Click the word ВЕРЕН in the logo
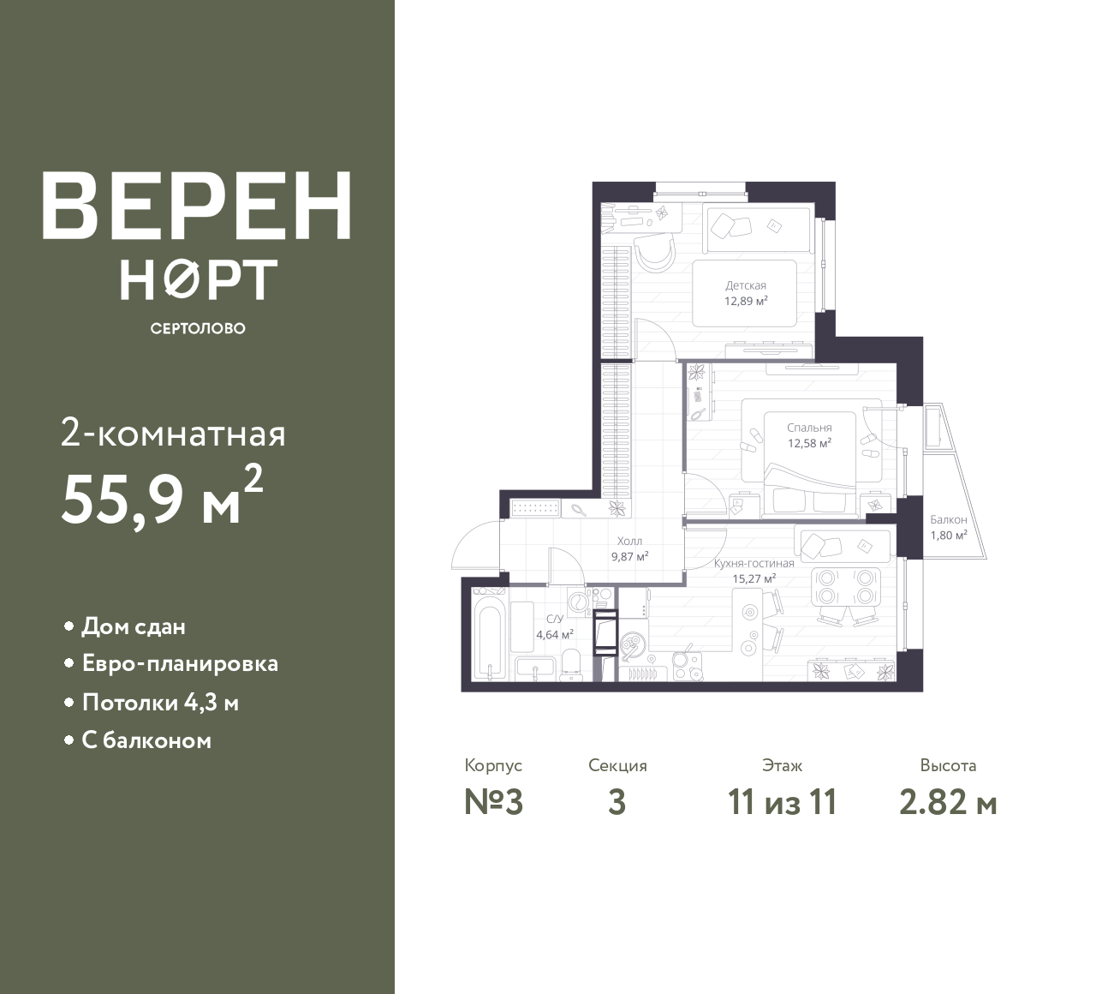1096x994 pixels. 197,206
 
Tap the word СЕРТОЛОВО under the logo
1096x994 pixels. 198,328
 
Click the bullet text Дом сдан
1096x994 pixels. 134,626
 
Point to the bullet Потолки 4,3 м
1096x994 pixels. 161,703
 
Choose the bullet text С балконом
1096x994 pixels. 146,741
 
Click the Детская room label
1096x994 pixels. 746,285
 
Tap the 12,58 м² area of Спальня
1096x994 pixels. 809,443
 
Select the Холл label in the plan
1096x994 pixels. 629,542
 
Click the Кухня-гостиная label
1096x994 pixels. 754,563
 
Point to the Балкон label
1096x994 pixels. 949,520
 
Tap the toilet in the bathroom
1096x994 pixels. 572,665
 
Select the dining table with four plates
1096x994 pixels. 846,585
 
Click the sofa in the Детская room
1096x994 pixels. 757,227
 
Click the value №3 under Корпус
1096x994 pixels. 494,803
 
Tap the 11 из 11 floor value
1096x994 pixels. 783,803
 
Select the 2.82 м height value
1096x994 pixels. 949,803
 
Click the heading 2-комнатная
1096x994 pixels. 173,434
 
